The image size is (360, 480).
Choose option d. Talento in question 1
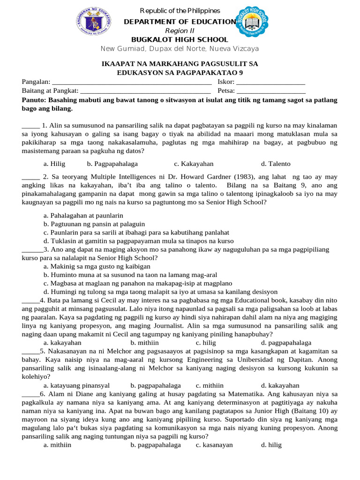[x=276, y=164]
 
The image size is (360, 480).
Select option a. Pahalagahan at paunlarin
[x=83, y=215]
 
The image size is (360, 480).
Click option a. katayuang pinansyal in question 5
[x=76, y=385]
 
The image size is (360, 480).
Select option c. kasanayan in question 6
[x=214, y=444]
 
